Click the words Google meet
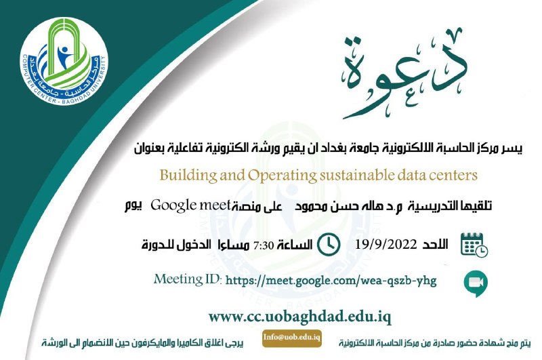click(190, 206)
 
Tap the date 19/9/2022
click(385, 245)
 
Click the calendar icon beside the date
click(474, 245)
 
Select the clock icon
click(329, 245)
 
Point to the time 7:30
click(264, 245)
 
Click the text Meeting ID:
click(188, 279)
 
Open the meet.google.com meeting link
click(331, 280)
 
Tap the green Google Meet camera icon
click(476, 283)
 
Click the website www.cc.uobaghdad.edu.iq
click(299, 317)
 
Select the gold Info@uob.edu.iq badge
click(292, 338)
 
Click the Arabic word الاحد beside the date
click(435, 245)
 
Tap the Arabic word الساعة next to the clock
click(295, 245)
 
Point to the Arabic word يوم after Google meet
click(133, 206)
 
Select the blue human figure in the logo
click(64, 56)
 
